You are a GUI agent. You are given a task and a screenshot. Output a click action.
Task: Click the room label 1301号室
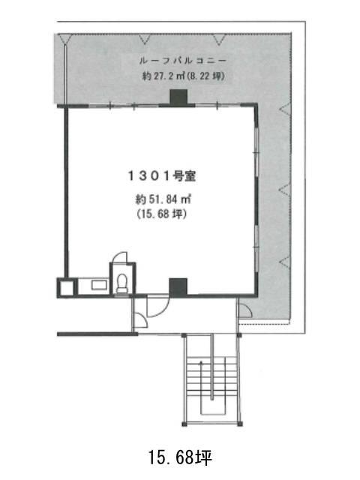[162, 176]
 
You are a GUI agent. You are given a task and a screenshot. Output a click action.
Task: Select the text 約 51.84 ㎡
[163, 199]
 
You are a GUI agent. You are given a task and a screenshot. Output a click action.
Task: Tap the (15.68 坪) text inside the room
[162, 214]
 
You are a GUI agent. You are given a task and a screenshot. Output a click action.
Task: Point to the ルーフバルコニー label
[183, 60]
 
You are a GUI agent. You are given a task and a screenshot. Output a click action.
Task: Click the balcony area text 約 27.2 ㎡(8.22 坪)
[183, 75]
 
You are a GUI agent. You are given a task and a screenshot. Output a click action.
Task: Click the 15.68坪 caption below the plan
[180, 457]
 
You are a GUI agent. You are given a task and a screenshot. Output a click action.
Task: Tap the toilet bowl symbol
[122, 283]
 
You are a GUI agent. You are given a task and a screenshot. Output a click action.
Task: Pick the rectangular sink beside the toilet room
[99, 285]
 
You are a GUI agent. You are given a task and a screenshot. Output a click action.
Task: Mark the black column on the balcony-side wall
[178, 97]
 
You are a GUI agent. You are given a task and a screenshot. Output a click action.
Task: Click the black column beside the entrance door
[178, 286]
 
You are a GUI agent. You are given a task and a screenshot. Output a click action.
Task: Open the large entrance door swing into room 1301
[158, 307]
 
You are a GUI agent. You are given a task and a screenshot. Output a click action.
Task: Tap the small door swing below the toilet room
[141, 320]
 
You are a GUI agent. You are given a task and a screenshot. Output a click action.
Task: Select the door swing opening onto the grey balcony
[245, 311]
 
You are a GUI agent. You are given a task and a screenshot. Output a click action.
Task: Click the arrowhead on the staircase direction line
[201, 364]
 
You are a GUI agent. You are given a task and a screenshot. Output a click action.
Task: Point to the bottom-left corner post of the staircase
[184, 424]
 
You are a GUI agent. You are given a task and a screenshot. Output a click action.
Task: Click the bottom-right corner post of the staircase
[240, 424]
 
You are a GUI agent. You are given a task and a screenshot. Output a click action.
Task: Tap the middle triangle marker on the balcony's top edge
[145, 40]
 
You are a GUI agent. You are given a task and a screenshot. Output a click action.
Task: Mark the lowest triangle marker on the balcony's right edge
[285, 262]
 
